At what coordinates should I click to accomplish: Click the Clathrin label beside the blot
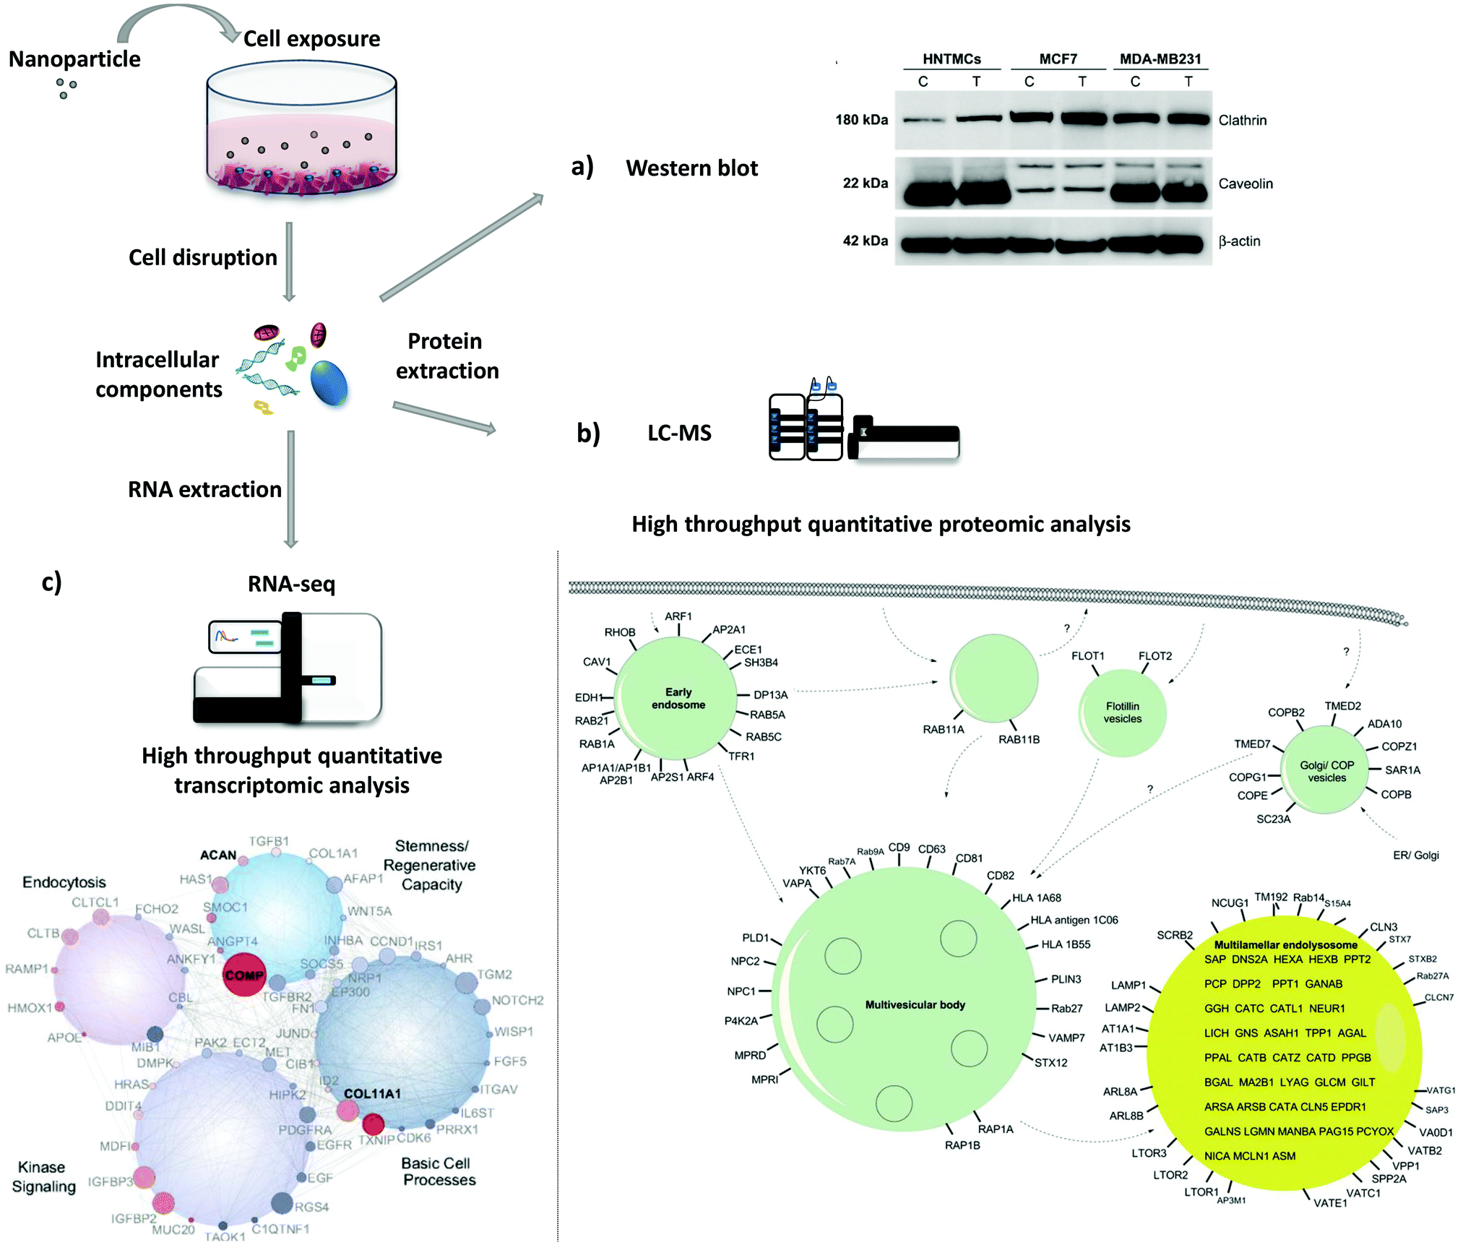1242,120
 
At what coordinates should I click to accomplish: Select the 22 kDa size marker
865,183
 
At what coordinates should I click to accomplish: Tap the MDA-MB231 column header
1160,59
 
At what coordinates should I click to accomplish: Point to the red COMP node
244,975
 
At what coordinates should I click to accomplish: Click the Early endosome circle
678,698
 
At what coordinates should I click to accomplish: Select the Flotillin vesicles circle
1122,712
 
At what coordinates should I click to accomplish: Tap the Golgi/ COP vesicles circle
1326,771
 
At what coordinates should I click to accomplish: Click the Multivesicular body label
915,1004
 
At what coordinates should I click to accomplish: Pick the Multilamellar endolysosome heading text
1285,944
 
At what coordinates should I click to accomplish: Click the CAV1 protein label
597,661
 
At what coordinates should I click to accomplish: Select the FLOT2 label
1155,655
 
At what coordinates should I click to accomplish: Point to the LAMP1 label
1128,985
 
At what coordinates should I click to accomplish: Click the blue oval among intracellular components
329,383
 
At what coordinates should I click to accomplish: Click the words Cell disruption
202,257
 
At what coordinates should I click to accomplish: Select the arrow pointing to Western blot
462,246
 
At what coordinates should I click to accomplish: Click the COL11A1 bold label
372,1093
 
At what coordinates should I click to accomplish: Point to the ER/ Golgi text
1415,855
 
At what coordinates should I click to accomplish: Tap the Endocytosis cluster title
64,882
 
